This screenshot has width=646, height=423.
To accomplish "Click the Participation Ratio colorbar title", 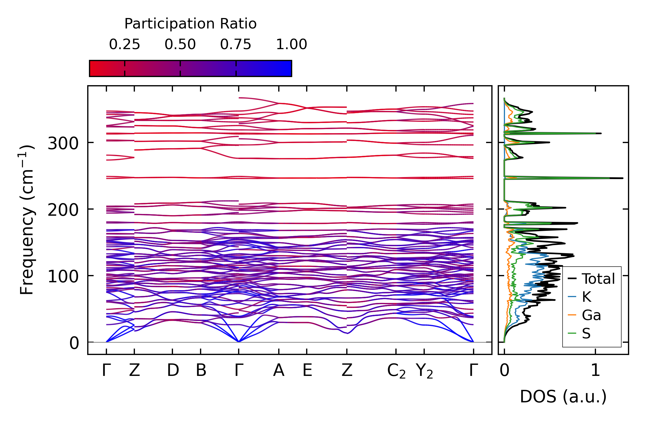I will pyautogui.click(x=190, y=24).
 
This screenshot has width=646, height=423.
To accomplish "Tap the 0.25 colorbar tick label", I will pyautogui.click(x=124, y=44).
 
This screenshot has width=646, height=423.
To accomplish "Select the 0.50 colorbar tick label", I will pyautogui.click(x=180, y=44).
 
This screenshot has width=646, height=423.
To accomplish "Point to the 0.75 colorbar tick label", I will pyautogui.click(x=235, y=44).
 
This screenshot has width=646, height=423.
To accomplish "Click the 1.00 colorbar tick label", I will pyautogui.click(x=291, y=44).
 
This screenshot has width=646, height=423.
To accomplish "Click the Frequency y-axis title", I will pyautogui.click(x=27, y=220).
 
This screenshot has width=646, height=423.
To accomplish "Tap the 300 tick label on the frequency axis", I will pyautogui.click(x=63, y=143).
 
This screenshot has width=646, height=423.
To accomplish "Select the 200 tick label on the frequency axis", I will pyautogui.click(x=63, y=210).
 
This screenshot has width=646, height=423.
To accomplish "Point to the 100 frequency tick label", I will pyautogui.click(x=63, y=276).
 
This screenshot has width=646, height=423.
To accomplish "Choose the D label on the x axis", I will pyautogui.click(x=173, y=371).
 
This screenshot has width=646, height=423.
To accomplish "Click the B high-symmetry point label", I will pyautogui.click(x=201, y=371).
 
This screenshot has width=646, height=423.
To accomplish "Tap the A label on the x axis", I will pyautogui.click(x=279, y=371).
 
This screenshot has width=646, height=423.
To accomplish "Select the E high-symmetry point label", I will pyautogui.click(x=307, y=371).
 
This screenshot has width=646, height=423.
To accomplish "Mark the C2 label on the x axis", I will pyautogui.click(x=396, y=371).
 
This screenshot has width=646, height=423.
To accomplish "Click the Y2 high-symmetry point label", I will pyautogui.click(x=424, y=371).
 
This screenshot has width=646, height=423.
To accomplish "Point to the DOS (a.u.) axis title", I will pyautogui.click(x=563, y=397).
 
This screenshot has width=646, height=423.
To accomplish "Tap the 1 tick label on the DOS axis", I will pyautogui.click(x=595, y=371).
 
